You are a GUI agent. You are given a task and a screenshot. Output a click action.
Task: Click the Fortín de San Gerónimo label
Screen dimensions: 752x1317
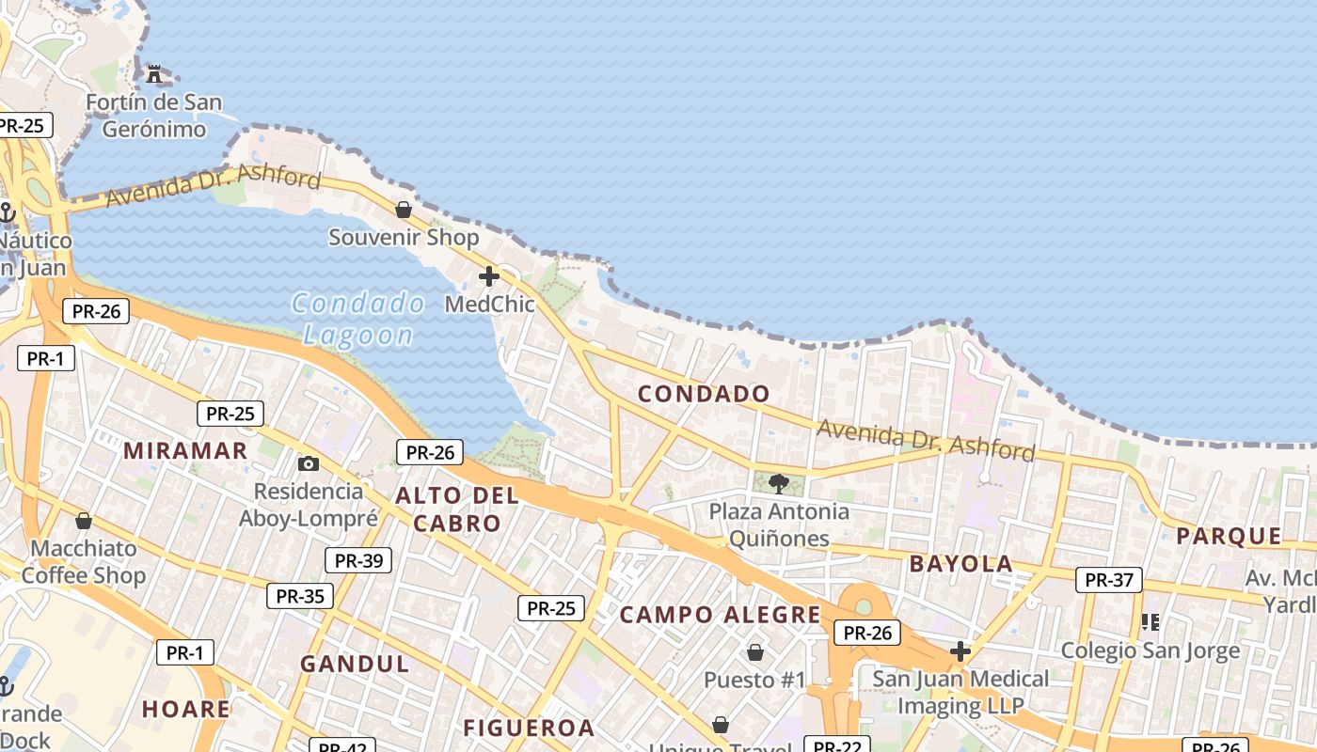tap(154, 116)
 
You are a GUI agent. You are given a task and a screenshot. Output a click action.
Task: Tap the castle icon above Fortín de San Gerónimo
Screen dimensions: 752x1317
tap(155, 72)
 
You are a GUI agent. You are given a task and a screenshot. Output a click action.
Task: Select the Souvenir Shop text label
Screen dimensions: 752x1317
tap(404, 238)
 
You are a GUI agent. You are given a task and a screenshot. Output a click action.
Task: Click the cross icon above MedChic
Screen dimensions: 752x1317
tap(489, 276)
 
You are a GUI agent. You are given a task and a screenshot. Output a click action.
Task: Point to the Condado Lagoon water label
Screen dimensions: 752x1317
tap(358, 319)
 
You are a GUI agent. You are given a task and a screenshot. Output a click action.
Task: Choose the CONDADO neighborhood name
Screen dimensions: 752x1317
tap(704, 394)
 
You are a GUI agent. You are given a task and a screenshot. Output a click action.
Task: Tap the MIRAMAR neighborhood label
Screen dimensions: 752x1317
tap(185, 450)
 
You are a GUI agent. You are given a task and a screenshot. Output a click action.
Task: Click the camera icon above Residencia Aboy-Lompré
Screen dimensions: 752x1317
tap(308, 463)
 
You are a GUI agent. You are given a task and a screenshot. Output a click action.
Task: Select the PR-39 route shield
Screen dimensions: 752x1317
tap(358, 561)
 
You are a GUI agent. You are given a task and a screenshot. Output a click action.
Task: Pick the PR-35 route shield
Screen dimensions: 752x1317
tap(300, 596)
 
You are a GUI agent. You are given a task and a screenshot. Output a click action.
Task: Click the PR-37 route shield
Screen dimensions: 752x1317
tap(1109, 580)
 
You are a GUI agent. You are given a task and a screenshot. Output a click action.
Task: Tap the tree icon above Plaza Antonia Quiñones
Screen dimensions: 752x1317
tap(779, 484)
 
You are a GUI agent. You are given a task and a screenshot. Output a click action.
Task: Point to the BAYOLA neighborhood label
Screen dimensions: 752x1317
tap(960, 564)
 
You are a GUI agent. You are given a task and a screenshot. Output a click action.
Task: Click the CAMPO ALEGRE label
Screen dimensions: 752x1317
tap(721, 615)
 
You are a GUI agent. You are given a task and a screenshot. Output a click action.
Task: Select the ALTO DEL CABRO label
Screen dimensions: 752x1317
tap(457, 509)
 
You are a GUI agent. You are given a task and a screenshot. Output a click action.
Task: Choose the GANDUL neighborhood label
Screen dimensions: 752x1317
tap(355, 664)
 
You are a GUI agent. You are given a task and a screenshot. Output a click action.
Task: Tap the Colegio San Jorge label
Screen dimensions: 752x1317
tap(1150, 650)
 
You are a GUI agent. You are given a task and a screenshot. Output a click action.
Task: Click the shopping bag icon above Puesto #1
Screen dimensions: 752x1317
tap(754, 651)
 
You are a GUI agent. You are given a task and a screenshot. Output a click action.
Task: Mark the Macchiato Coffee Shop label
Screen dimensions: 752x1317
tap(84, 562)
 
